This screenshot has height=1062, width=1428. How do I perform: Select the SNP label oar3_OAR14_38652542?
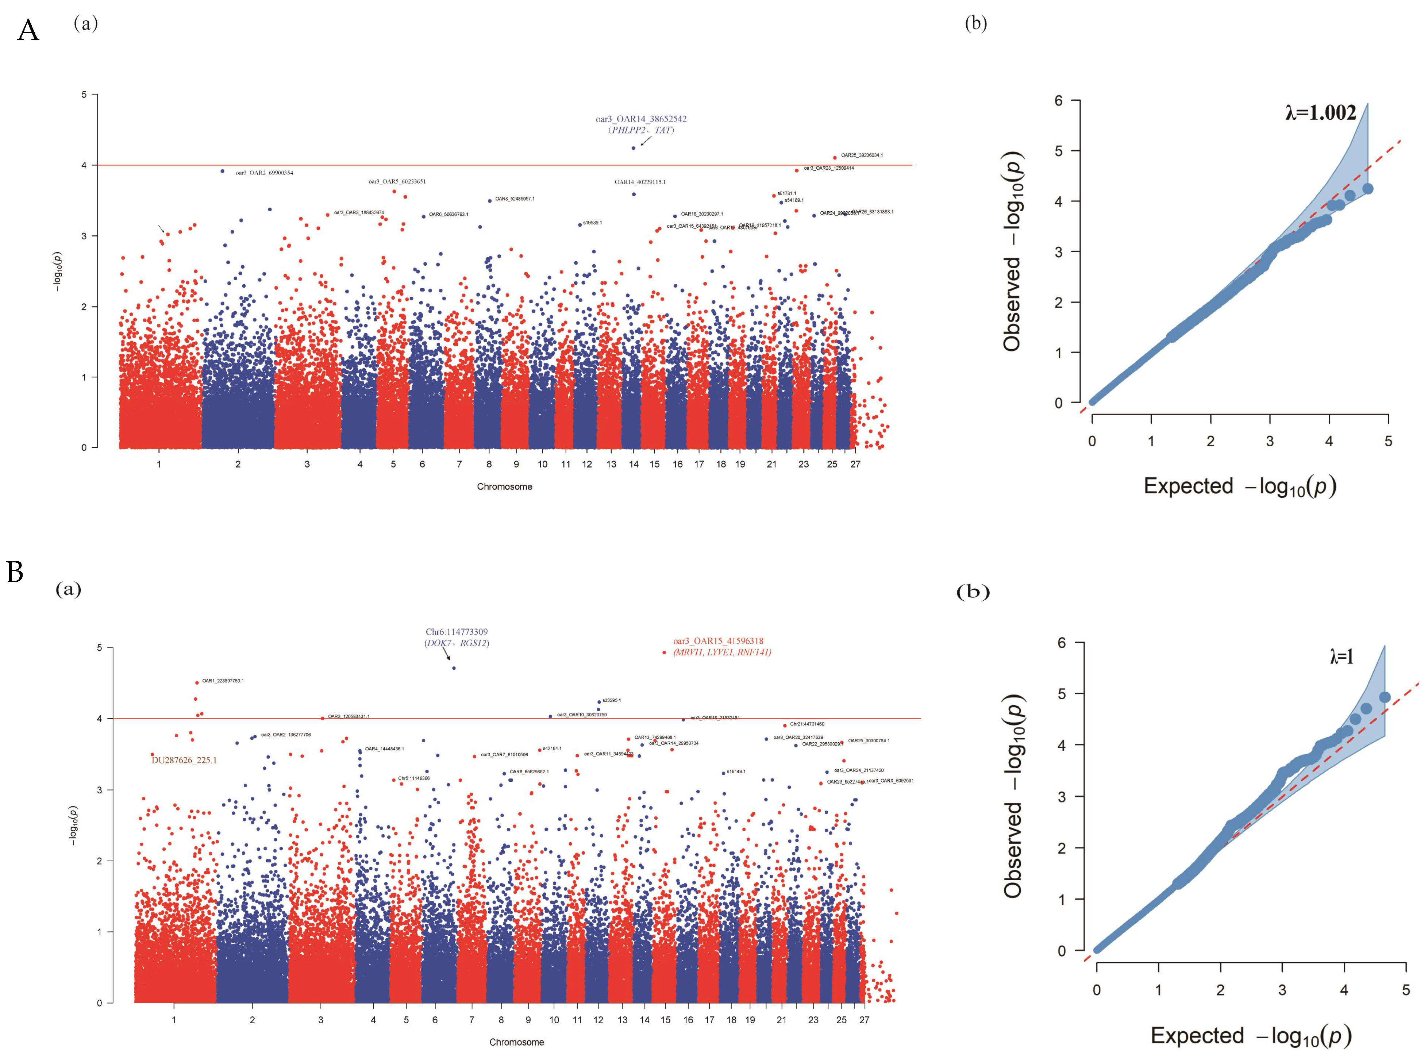(641, 119)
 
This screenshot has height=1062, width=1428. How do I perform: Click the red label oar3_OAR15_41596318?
(718, 641)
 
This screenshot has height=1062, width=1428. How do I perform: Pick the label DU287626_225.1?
(184, 761)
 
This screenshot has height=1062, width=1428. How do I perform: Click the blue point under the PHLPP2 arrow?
(633, 148)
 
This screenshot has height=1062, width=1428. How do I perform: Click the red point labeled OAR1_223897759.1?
(197, 683)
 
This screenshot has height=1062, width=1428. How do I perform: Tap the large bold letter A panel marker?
(28, 30)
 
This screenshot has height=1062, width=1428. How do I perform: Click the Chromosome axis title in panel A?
(504, 486)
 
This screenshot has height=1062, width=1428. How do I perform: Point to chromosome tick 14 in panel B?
(644, 1020)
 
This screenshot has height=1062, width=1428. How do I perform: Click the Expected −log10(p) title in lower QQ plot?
(1250, 1036)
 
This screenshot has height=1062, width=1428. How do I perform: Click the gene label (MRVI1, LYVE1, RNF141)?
(722, 653)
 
